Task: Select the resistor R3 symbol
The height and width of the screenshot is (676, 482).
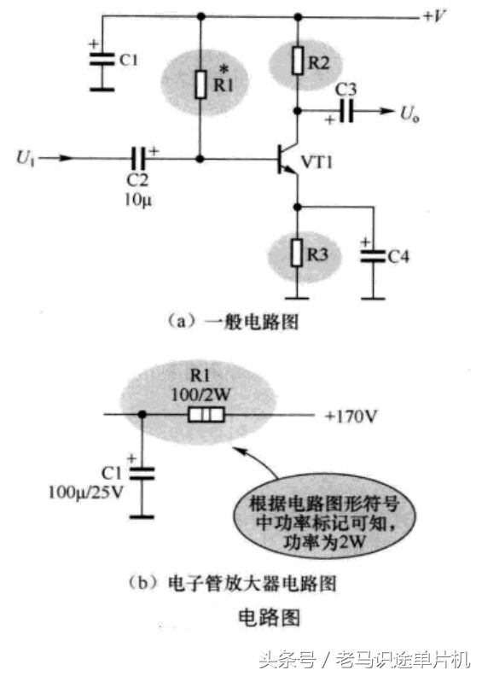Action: tap(297, 252)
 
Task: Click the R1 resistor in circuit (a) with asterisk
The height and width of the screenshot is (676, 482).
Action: tap(200, 84)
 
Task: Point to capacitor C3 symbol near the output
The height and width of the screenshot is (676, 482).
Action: tap(346, 112)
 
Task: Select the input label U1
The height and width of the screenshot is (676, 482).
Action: tap(26, 158)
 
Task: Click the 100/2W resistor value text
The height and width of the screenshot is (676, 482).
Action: tap(206, 395)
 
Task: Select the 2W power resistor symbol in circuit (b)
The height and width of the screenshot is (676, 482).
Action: tap(206, 416)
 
